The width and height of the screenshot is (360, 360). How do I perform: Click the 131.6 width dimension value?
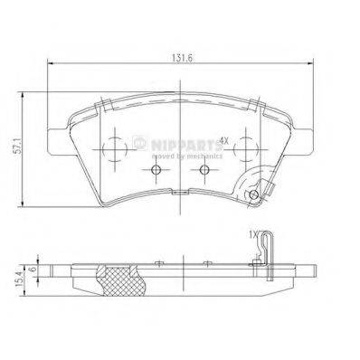point(181,54)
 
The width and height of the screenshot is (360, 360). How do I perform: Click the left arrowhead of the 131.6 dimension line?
point(49,63)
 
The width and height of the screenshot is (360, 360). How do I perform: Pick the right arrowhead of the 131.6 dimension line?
point(314,63)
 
